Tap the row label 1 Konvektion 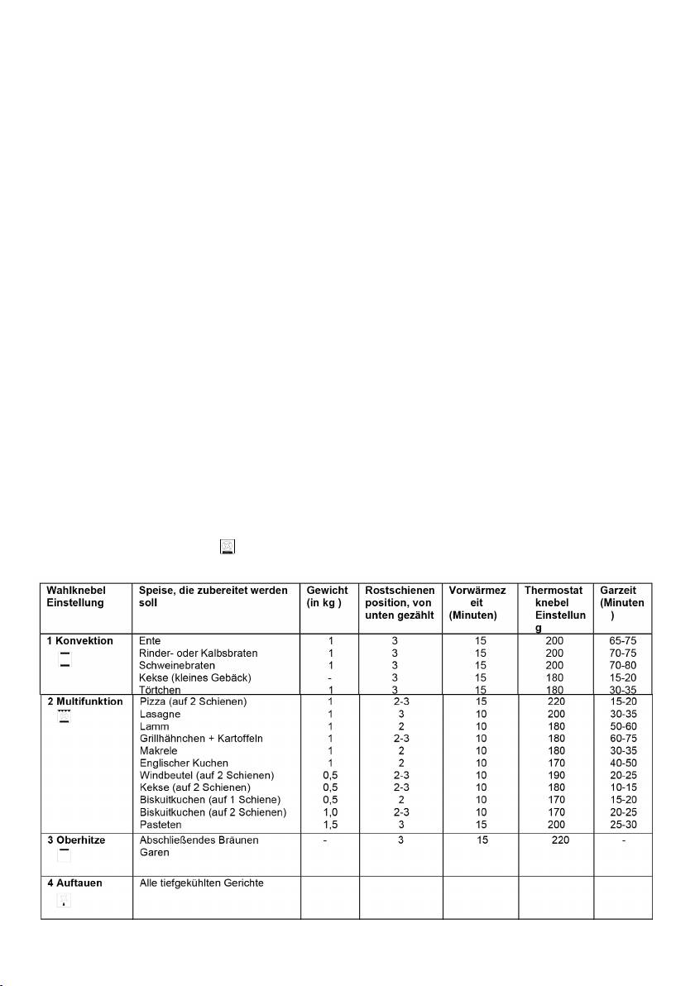(79, 640)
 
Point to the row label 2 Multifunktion (84, 701)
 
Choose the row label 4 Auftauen (74, 883)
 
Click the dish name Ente (150, 640)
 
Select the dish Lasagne (160, 714)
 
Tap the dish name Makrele (158, 750)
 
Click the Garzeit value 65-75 (622, 640)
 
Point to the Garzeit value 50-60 (622, 726)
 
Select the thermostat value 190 (555, 775)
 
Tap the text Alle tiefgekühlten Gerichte (201, 883)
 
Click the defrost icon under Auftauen (65, 902)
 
